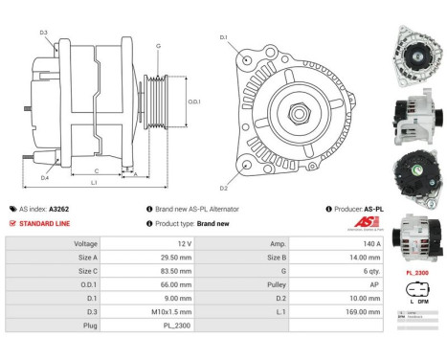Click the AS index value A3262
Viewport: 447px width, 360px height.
click(58, 209)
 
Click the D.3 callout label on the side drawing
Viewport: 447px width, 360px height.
click(44, 33)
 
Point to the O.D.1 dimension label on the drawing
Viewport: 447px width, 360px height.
click(194, 101)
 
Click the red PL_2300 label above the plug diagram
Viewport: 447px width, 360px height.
click(415, 272)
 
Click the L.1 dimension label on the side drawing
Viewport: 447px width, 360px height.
click(94, 183)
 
